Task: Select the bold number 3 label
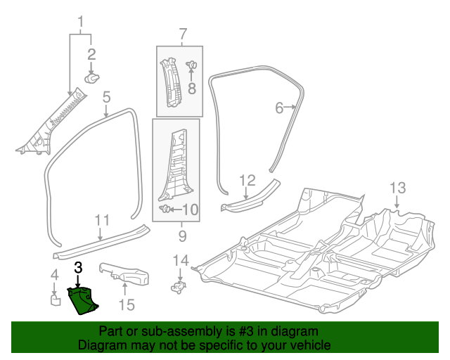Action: tap(78, 267)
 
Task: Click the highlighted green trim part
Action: tap(84, 300)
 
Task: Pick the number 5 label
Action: tap(106, 97)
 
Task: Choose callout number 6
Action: tap(279, 108)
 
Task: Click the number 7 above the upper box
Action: tap(182, 33)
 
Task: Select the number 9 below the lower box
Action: tap(181, 235)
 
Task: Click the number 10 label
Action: tap(191, 210)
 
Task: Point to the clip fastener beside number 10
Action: tap(166, 209)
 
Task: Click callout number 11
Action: tap(102, 219)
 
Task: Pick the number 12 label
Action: tap(247, 181)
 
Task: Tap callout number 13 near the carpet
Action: tap(398, 188)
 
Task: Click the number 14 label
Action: tap(181, 262)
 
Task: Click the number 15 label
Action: tap(126, 304)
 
